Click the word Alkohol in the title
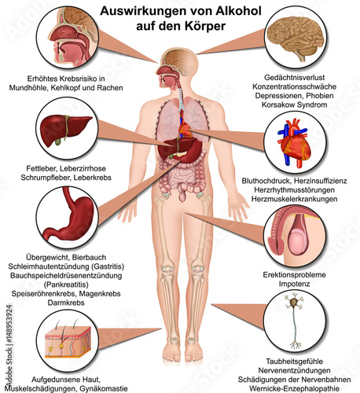238,11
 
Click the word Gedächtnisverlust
294,78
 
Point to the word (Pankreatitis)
66,285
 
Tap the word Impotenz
294,284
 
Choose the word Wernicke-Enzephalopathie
294,388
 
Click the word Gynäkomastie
104,388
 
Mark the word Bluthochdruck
266,181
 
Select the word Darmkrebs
66,303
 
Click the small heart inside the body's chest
186,129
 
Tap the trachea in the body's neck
181,98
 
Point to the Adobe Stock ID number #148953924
9,324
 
